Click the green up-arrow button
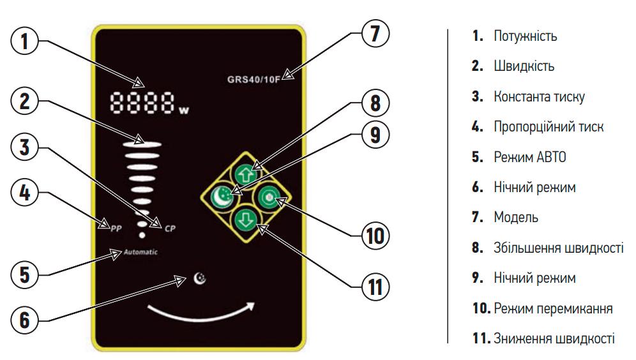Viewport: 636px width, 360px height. pyautogui.click(x=247, y=173)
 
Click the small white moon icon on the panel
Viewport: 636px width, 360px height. pyautogui.click(x=201, y=278)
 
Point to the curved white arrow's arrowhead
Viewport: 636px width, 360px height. pyautogui.click(x=255, y=304)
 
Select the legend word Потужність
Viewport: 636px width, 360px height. pyautogui.click(x=524, y=36)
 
